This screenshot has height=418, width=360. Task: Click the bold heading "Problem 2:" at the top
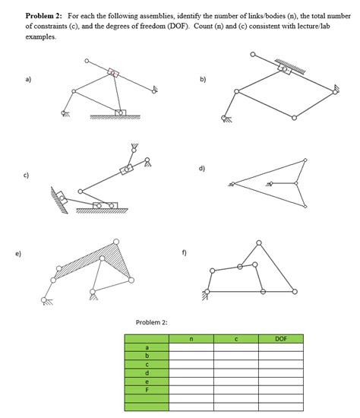pos(45,15)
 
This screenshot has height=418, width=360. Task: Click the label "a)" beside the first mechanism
pos(28,78)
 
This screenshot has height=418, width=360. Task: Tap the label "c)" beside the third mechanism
pos(27,177)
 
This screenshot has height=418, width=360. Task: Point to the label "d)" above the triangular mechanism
pos(202,169)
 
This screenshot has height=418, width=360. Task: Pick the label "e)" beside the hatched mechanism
pos(27,254)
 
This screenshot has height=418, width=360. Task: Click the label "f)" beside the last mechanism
pos(185,252)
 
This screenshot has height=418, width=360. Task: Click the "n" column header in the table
pos(191,339)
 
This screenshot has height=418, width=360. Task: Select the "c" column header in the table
pos(235,339)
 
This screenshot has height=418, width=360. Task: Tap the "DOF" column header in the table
pos(280,339)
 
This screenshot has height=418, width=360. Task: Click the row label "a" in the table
pos(147,347)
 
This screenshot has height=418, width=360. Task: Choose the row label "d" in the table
pos(147,372)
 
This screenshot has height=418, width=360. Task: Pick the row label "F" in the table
pos(147,389)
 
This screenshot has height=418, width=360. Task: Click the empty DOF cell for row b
pos(280,356)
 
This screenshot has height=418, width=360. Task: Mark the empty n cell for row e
pos(191,381)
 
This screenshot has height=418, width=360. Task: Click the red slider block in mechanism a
pos(113,73)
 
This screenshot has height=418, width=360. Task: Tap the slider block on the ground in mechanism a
pos(119,112)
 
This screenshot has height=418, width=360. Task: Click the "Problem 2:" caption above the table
pos(151,322)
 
